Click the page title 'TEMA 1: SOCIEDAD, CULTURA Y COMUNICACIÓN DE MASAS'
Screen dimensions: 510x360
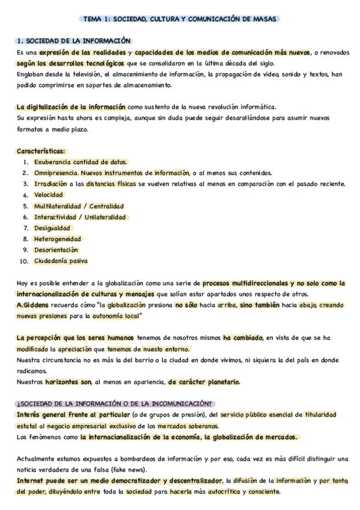(x=180, y=19)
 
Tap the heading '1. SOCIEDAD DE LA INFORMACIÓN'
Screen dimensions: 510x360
(x=73, y=41)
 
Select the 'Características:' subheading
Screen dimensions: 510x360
(x=41, y=151)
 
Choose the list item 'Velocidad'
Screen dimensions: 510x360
(x=49, y=195)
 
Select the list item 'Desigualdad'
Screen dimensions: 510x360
(x=52, y=228)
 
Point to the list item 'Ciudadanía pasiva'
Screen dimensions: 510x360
(x=61, y=261)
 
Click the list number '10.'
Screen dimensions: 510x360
(x=24, y=261)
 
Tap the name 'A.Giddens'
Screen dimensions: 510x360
(x=34, y=305)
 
